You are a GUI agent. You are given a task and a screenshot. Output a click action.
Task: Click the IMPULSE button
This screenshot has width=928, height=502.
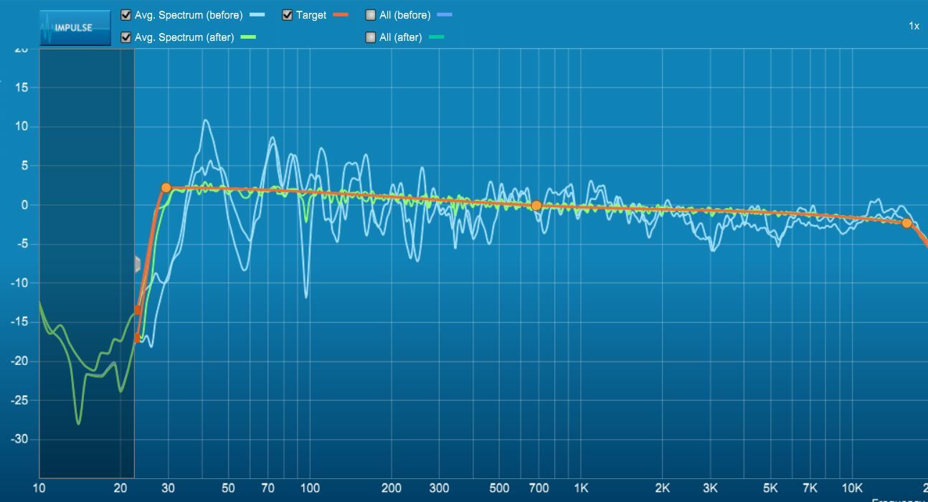75,28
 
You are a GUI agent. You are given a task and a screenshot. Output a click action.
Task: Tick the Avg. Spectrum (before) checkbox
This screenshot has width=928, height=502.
126,15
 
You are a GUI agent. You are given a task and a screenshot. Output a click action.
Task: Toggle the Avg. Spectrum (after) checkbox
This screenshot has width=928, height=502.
126,37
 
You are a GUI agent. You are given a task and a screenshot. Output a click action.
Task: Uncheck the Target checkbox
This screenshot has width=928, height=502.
287,15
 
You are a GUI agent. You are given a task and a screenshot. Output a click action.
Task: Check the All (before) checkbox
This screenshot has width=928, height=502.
371,15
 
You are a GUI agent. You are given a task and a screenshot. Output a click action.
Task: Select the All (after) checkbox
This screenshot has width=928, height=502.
371,37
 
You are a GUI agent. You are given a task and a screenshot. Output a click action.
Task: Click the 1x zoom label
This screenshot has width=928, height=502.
914,26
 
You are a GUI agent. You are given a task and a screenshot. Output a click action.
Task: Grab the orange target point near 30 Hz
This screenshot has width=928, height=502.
166,188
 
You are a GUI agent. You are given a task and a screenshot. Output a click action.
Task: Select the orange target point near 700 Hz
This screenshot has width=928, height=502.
536,206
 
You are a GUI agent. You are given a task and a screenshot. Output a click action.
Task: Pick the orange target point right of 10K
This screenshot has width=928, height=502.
906,223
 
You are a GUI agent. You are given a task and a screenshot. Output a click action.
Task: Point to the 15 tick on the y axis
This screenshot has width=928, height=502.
22,87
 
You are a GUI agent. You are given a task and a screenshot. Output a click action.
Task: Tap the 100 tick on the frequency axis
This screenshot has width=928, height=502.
310,488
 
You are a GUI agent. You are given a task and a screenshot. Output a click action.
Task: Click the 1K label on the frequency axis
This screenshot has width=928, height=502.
581,488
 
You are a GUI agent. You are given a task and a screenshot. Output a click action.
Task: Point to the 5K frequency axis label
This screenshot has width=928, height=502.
770,488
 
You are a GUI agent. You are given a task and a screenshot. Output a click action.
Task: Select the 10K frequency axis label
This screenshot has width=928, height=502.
851,488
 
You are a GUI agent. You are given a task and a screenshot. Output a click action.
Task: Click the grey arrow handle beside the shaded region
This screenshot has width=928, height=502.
138,264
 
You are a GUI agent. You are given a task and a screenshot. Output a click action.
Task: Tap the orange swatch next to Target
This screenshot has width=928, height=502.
340,15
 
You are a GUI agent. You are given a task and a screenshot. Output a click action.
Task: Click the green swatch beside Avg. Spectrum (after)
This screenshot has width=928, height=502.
248,37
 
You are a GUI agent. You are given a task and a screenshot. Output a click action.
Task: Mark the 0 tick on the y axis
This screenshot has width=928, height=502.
24,205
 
